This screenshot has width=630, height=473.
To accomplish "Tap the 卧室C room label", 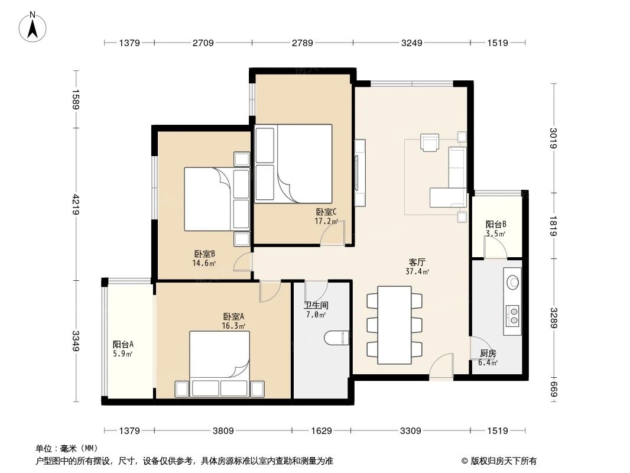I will tap(326, 212).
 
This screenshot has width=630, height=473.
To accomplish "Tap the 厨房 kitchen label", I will tap(488, 354).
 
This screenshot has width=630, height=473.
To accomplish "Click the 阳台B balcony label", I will tap(495, 225).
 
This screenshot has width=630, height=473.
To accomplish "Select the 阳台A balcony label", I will tap(123, 345).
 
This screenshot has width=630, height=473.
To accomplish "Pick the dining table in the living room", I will tap(394, 325).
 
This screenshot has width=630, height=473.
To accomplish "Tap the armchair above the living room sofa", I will tap(430, 142).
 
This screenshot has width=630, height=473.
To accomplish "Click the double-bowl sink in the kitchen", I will tap(512, 316).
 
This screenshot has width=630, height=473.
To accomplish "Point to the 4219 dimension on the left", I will tap(76, 205).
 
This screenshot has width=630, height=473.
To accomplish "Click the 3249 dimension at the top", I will tap(411, 43).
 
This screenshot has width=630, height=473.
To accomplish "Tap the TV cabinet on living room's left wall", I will tap(359, 172).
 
